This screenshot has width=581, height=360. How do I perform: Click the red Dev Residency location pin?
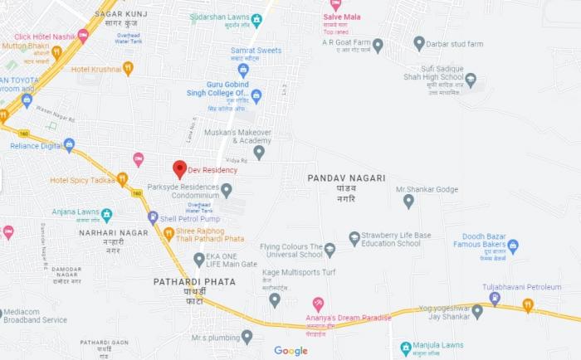coord(179,169)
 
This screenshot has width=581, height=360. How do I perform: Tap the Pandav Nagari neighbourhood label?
coord(346,178)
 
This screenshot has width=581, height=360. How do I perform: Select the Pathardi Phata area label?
coord(194,282)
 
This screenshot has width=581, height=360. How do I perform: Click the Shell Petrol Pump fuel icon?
coord(153,217)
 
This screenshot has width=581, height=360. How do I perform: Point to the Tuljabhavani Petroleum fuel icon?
coord(495,299)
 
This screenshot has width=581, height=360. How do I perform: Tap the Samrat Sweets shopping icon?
coord(243,71)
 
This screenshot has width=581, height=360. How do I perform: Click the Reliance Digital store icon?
coord(69,145)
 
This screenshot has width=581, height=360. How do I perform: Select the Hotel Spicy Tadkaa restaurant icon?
coord(122,179)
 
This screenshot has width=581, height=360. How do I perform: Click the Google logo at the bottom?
coord(290,351)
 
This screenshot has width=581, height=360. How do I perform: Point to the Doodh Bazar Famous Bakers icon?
coord(513,246)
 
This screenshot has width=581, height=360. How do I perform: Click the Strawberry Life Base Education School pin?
coord(354,239)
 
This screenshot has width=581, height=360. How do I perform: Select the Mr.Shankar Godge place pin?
coord(408,201)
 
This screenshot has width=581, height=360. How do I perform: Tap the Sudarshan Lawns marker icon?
coord(256,21)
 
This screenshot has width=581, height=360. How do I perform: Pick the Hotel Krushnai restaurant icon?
coord(128,69)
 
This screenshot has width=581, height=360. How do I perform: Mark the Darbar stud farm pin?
coord(419,43)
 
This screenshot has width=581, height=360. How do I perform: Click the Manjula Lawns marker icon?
coord(406,348)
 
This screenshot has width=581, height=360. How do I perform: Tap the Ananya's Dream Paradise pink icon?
coord(318,304)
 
